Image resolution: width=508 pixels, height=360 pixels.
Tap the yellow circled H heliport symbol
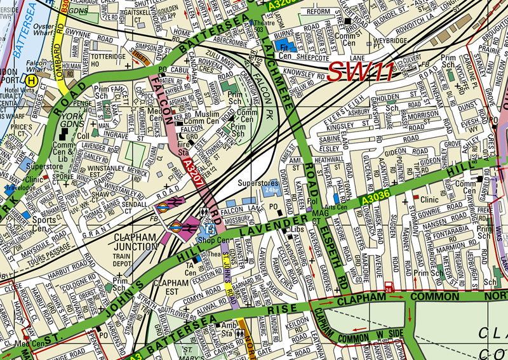pyautogui.click(x=30, y=80)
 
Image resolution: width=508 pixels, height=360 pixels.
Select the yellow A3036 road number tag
pyautogui.click(x=373, y=200)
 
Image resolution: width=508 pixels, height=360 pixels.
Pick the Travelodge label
pyautogui.click(x=21, y=189)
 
